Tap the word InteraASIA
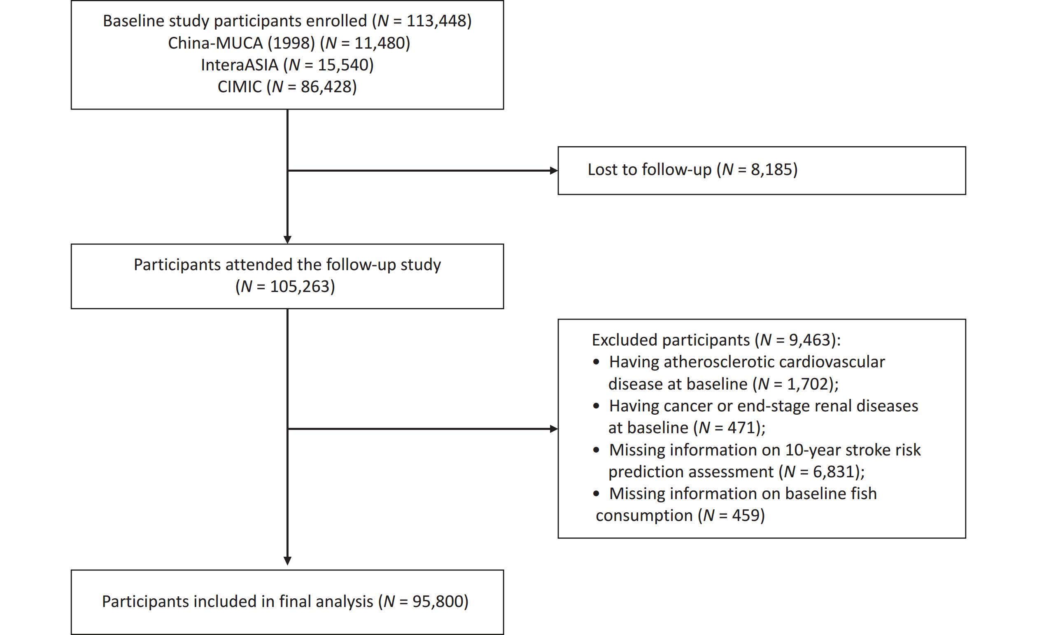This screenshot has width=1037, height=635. [x=240, y=65]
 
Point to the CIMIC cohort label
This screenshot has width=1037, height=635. [x=240, y=87]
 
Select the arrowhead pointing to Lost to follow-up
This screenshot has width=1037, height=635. [x=554, y=170]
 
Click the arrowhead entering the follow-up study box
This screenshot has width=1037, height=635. [x=287, y=240]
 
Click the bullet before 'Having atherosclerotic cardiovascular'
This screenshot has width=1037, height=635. [x=596, y=362]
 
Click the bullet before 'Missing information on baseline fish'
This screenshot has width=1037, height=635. [x=596, y=494]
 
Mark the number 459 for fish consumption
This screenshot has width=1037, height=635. [x=746, y=516]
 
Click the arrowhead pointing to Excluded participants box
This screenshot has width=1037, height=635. [x=554, y=429]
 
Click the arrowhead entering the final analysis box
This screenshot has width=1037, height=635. [x=287, y=561]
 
